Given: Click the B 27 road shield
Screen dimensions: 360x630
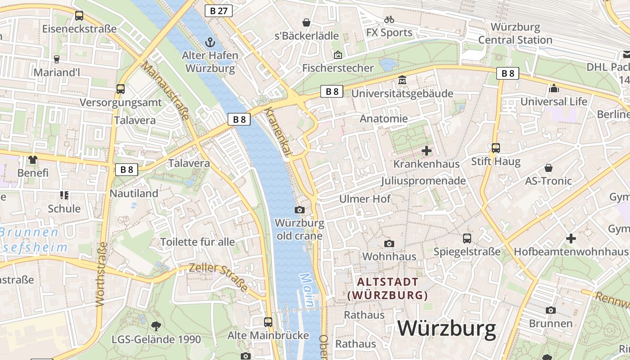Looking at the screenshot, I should click(x=219, y=11).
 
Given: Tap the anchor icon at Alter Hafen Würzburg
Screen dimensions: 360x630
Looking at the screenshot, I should click(x=210, y=43).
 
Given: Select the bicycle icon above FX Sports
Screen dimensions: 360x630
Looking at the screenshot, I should click(x=389, y=19).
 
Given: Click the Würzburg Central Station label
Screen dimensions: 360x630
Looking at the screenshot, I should click(x=515, y=34).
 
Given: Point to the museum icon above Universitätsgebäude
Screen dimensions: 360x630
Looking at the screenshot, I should click(x=402, y=81).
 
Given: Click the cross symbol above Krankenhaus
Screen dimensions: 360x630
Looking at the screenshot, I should click(x=426, y=151).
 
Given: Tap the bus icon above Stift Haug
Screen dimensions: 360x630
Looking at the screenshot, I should click(x=495, y=148).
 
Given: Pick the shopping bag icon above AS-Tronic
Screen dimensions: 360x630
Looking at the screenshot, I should click(x=549, y=168).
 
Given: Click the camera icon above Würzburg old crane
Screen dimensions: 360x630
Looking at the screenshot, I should click(x=299, y=210).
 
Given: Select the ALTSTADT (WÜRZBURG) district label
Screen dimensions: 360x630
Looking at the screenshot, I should click(x=387, y=288).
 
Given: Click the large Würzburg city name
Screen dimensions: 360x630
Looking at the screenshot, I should click(x=446, y=328).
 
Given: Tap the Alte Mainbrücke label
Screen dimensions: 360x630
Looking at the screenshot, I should click(x=268, y=335).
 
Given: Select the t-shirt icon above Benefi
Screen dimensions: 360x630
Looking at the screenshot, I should click(x=33, y=160).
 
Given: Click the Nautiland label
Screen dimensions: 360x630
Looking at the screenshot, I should click(x=134, y=193).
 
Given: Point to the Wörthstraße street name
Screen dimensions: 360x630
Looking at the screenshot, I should click(x=102, y=274).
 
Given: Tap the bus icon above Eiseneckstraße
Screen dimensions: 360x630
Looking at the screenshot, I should click(x=79, y=16).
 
